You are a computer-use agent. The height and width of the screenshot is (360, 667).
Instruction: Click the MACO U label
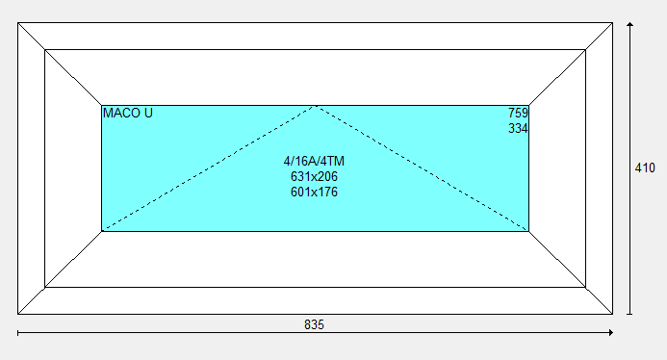coord(128,114)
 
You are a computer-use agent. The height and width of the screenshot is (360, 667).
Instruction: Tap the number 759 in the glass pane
coord(518,114)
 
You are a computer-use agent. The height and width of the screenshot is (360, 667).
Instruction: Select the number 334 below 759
coord(518,129)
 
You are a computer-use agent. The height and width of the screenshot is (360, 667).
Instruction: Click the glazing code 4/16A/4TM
coord(314,162)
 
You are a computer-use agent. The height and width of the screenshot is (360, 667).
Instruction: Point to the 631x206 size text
coord(314,176)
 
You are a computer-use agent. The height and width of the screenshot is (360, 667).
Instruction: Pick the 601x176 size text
coord(314,192)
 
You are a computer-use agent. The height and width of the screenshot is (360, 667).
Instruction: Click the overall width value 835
coord(314,324)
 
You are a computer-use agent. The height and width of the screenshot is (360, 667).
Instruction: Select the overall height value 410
coord(645,168)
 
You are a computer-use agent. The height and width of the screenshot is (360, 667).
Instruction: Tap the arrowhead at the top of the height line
coord(630,24)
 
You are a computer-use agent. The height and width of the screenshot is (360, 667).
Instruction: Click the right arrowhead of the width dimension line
coord(611,333)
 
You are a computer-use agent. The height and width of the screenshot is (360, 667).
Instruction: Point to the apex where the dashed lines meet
coord(315,106)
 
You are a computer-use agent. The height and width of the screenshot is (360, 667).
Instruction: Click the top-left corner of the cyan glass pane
coord(102,105)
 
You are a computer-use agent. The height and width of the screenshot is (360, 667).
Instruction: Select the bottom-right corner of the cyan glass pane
coord(528,231)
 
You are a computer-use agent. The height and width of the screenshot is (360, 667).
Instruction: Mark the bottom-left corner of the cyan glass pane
coord(102,231)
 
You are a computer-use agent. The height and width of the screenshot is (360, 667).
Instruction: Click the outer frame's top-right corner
coord(612,22)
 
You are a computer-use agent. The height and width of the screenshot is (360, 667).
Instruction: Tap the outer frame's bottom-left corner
coord(18,315)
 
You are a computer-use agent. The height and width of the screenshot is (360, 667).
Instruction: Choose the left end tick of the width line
coord(18,333)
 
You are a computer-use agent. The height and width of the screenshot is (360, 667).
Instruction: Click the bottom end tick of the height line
coord(630,315)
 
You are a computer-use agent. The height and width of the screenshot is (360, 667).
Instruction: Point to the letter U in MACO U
coord(148,114)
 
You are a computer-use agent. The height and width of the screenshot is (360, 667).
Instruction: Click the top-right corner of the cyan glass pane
coord(528,105)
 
